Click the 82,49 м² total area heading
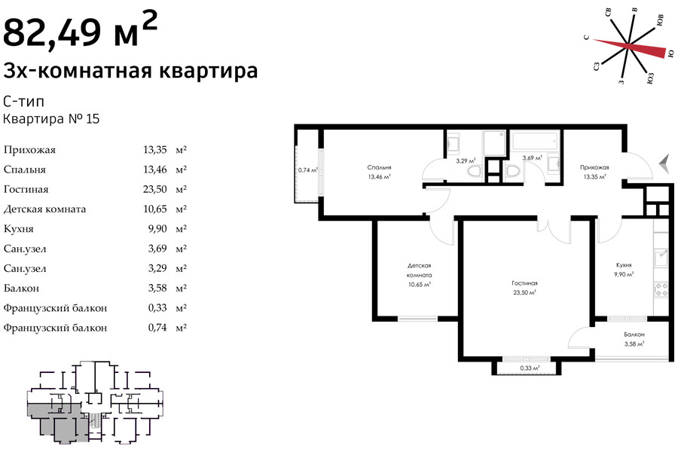tap(80, 29)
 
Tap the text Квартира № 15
tap(51, 119)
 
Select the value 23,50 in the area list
tap(154, 189)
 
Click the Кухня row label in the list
tap(18, 229)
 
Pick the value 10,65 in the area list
tap(154, 209)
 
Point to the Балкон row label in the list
tap(21, 289)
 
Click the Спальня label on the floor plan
tap(379, 167)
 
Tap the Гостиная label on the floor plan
tap(524, 283)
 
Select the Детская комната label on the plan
tap(420, 270)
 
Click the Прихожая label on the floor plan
tap(594, 167)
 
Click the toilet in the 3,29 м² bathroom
tap(475, 171)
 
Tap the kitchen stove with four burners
tap(661, 289)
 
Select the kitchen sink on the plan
tap(661, 259)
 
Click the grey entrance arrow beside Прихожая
tap(664, 164)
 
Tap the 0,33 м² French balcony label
tap(530, 368)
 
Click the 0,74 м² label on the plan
tap(308, 170)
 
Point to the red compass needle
tap(629, 46)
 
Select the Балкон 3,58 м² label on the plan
tap(634, 339)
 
